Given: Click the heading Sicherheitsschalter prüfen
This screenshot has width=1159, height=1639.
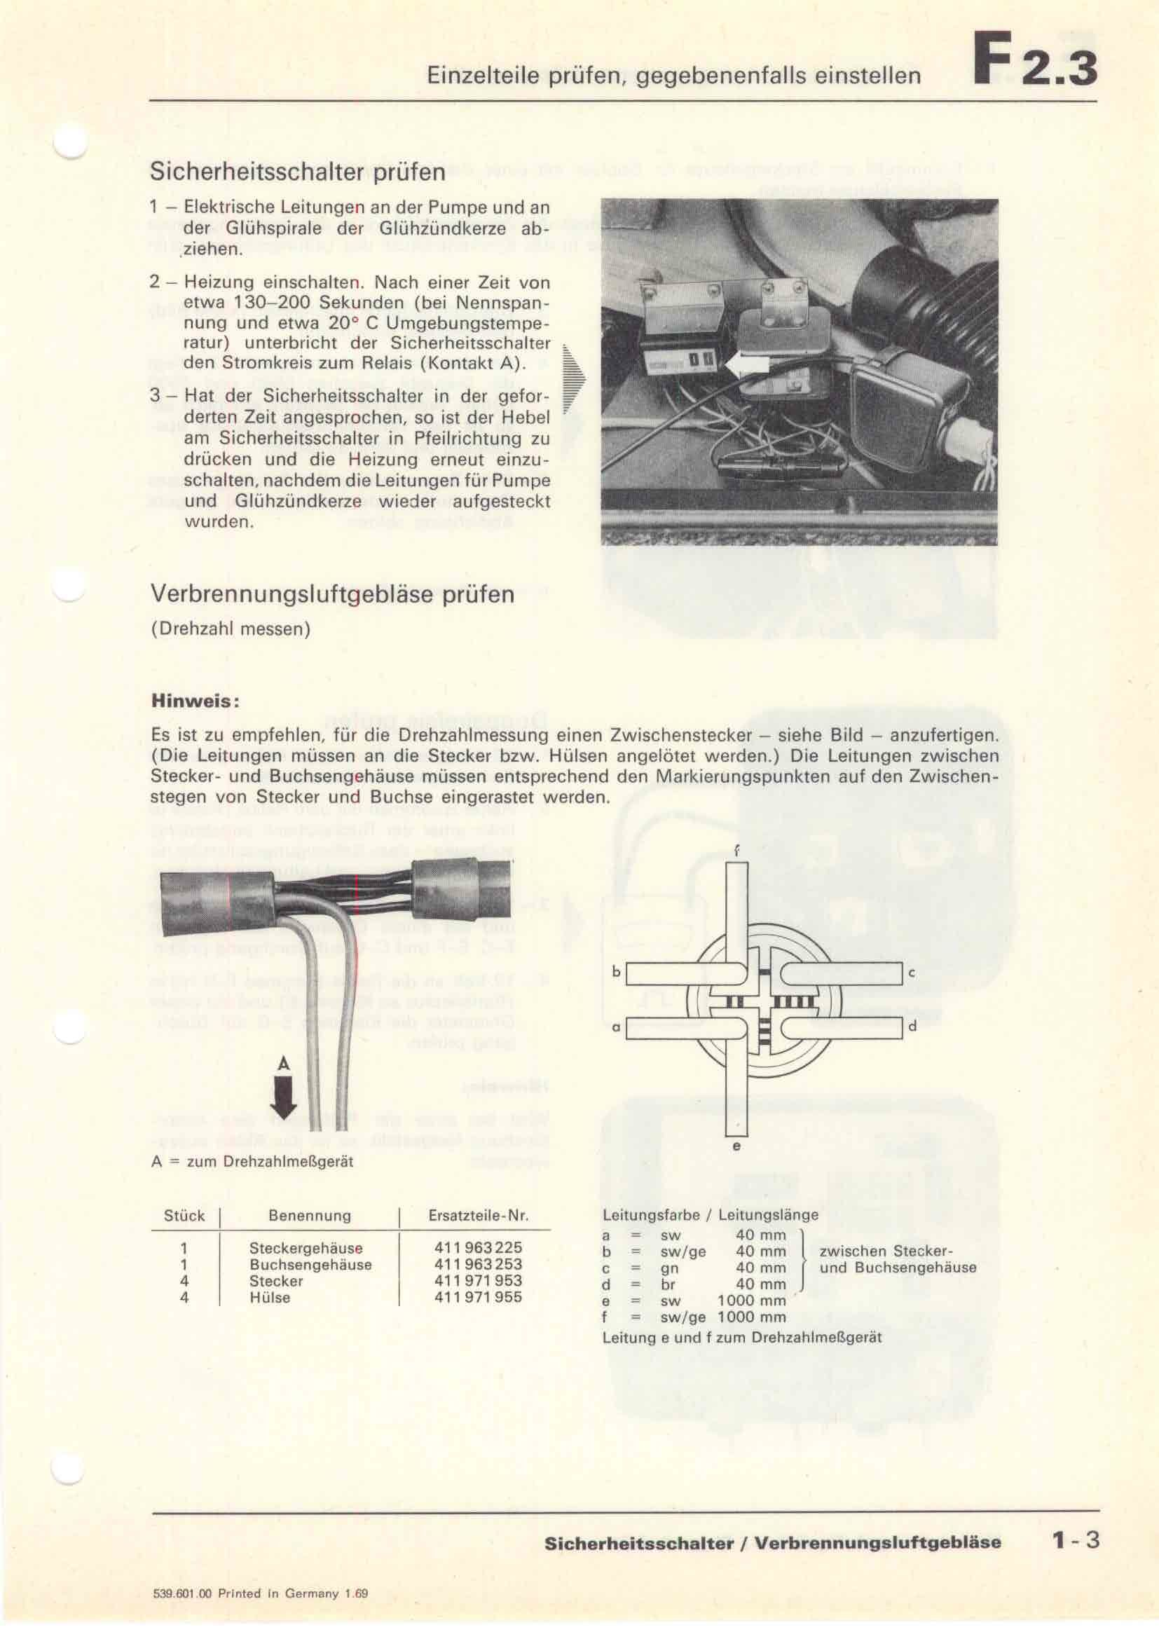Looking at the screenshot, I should click(298, 172).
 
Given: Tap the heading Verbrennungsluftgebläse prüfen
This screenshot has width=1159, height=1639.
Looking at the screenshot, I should click(333, 595).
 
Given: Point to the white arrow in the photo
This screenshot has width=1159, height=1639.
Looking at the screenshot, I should click(747, 366).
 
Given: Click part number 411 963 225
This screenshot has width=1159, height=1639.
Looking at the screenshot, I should click(478, 1248).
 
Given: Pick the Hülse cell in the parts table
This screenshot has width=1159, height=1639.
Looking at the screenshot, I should click(270, 1297).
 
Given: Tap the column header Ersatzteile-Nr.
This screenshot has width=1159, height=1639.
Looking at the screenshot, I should click(478, 1216).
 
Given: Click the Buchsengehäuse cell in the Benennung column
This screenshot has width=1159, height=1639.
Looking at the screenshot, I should click(310, 1264).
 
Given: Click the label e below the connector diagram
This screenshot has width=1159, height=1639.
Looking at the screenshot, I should click(736, 1146).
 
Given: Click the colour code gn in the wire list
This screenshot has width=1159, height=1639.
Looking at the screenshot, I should click(669, 1268).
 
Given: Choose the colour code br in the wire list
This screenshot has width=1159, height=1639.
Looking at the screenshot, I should click(668, 1284).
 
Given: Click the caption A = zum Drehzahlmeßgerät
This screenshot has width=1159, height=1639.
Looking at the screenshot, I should click(253, 1162).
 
